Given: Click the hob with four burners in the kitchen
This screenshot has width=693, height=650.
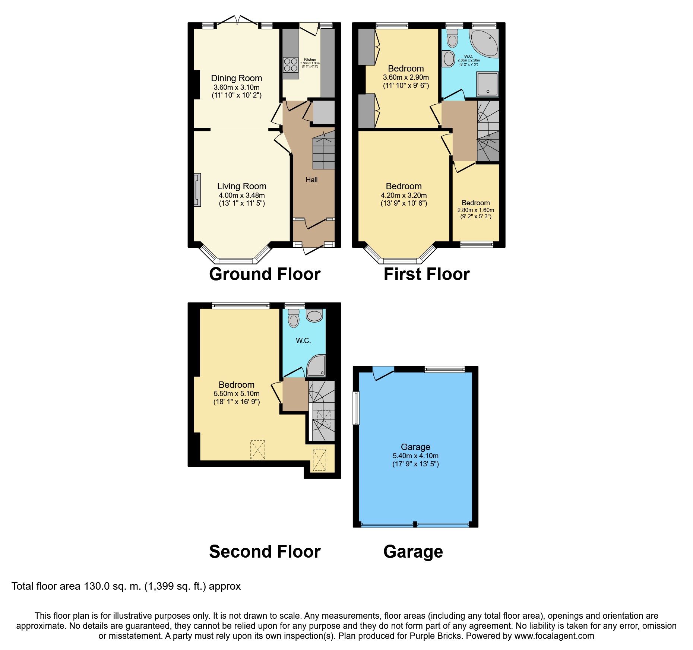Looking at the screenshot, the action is click(x=291, y=64).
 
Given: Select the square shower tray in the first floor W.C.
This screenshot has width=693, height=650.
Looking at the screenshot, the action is click(x=487, y=84).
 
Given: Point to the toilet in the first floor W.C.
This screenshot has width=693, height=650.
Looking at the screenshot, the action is click(x=452, y=38).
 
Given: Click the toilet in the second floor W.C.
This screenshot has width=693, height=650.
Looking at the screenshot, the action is click(x=294, y=318).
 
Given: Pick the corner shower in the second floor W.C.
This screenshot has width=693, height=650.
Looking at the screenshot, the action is click(x=316, y=365).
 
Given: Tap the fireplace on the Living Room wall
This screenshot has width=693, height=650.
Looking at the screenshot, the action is click(x=197, y=190).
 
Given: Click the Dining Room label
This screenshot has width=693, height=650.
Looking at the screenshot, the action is click(x=237, y=78).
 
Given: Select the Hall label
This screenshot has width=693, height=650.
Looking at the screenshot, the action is click(x=311, y=180).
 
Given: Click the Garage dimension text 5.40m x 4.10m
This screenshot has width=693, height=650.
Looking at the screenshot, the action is click(x=415, y=456).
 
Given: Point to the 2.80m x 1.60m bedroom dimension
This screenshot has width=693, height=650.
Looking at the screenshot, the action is click(x=476, y=210).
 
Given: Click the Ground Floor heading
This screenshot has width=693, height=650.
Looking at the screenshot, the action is click(x=265, y=274).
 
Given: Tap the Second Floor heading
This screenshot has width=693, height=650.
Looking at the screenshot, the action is click(x=265, y=551).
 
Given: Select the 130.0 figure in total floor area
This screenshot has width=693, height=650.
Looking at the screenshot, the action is click(x=97, y=586).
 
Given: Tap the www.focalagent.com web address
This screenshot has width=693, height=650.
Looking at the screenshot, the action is click(x=554, y=636).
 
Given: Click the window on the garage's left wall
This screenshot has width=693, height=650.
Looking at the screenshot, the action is click(x=356, y=408).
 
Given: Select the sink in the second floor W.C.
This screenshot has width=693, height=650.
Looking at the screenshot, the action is click(x=314, y=316).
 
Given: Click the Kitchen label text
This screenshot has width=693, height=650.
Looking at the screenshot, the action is click(x=310, y=60).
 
